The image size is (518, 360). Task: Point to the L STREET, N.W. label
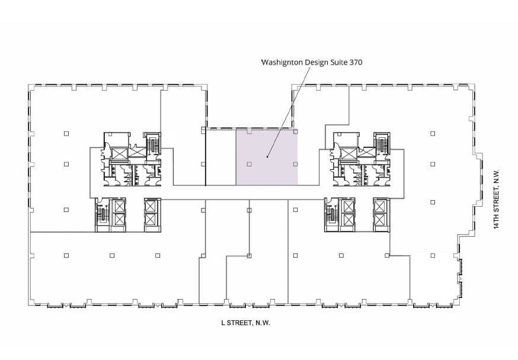(x=245, y=323)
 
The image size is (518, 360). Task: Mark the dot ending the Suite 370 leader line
(x=268, y=157)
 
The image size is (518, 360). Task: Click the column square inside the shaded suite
(x=249, y=163)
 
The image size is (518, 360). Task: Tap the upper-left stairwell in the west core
(x=153, y=144)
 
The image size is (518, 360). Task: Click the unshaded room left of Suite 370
(x=220, y=157)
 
